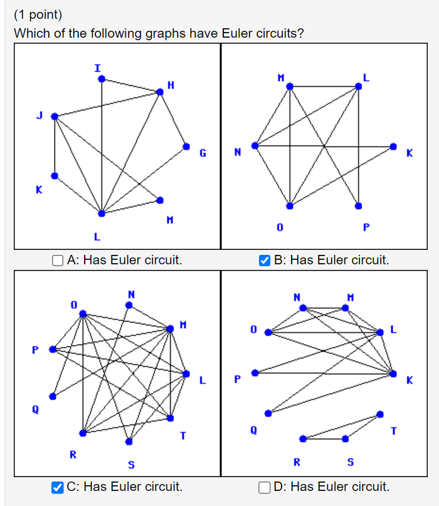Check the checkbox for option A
58,260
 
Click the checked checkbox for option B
265,260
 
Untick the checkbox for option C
58,487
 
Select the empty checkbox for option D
265,487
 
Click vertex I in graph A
102,79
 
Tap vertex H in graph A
160,92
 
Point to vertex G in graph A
186,146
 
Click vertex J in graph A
55,116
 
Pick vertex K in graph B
393,146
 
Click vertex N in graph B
255,146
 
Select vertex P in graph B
358,206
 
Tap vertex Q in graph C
53,396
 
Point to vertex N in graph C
129,305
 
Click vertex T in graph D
380,414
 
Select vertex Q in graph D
268,413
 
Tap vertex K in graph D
393,374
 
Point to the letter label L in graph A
97,237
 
